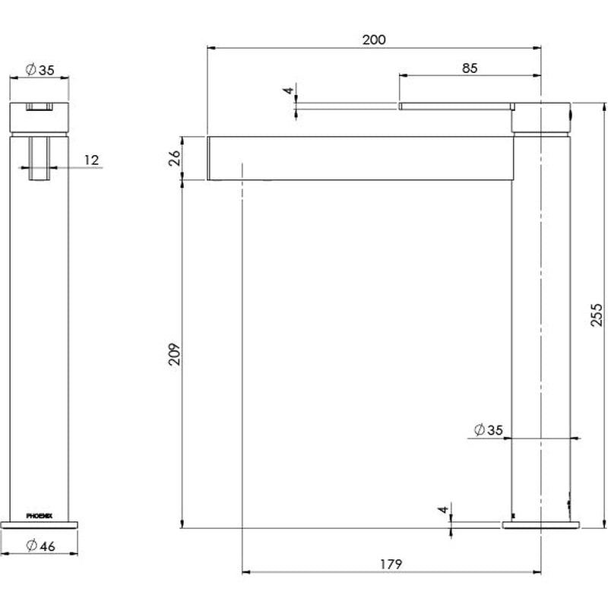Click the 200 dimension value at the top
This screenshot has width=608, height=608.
click(374, 40)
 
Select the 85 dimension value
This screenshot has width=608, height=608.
click(470, 68)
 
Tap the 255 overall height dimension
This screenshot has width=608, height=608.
click(597, 315)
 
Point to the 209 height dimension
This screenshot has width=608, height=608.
click(175, 353)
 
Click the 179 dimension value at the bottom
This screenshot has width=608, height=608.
click(391, 564)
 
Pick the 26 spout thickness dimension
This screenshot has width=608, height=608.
click(175, 158)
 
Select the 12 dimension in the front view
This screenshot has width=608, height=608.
click(91, 160)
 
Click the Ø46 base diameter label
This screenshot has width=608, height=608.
click(41, 546)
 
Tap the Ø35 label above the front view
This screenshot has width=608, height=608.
click(40, 70)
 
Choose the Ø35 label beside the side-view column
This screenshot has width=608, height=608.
click(488, 429)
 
